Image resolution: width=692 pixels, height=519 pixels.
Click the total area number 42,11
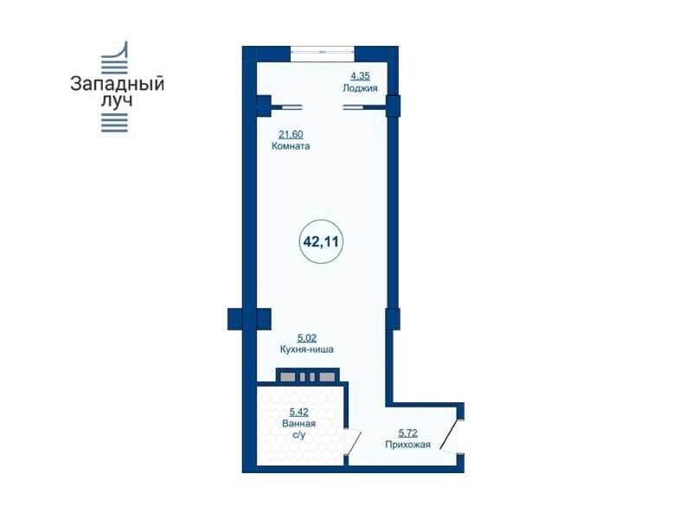[x=321, y=242]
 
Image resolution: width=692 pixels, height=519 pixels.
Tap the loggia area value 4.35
[x=360, y=76]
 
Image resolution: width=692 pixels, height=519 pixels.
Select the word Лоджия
[x=360, y=88]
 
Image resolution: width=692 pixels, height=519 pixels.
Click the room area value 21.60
[x=291, y=134]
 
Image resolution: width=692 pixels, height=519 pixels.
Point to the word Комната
[x=291, y=146]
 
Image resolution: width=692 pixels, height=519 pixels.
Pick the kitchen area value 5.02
[x=307, y=338]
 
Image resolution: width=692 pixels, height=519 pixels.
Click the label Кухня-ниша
[x=307, y=349]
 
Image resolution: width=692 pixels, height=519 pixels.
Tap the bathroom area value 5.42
[x=298, y=413]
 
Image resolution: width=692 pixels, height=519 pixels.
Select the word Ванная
[x=298, y=424]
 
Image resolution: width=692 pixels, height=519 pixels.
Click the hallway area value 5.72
[x=407, y=433]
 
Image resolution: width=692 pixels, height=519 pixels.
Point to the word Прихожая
[x=407, y=445]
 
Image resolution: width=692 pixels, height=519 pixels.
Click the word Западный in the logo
[x=117, y=84]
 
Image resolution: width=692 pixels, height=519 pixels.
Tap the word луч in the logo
[x=117, y=100]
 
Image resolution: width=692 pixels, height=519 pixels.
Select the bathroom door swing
[x=353, y=441]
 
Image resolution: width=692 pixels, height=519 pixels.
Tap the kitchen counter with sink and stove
[x=308, y=376]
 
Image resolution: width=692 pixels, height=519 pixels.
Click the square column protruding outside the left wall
[x=234, y=318]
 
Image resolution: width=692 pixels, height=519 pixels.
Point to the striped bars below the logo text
[x=114, y=123]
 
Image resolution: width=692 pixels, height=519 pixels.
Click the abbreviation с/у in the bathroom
[x=298, y=435]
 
